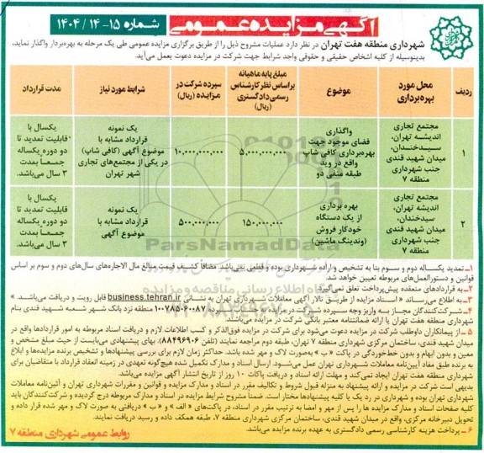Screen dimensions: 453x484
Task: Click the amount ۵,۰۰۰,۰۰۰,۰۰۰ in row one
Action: [268, 152]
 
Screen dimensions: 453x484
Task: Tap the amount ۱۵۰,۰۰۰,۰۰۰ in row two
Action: [268, 225]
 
